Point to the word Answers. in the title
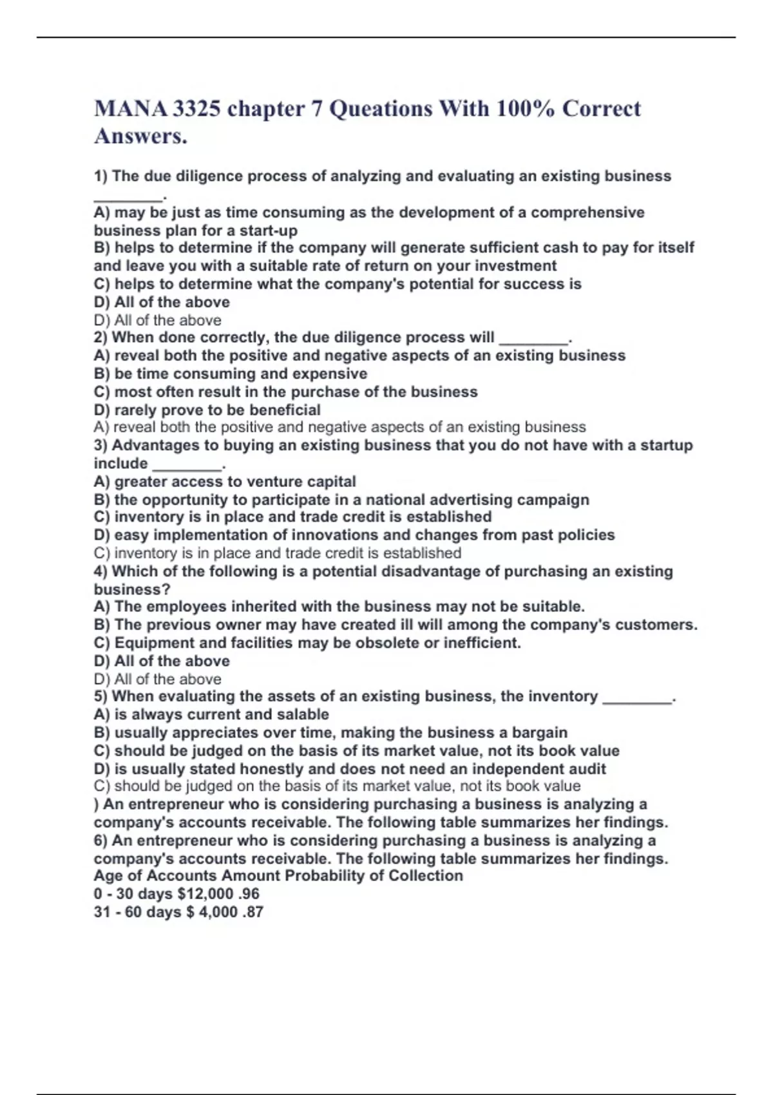point(140,136)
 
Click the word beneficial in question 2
point(285,410)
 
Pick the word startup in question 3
point(666,446)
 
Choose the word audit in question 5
point(587,769)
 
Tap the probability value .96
point(249,894)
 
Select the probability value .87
point(253,912)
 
